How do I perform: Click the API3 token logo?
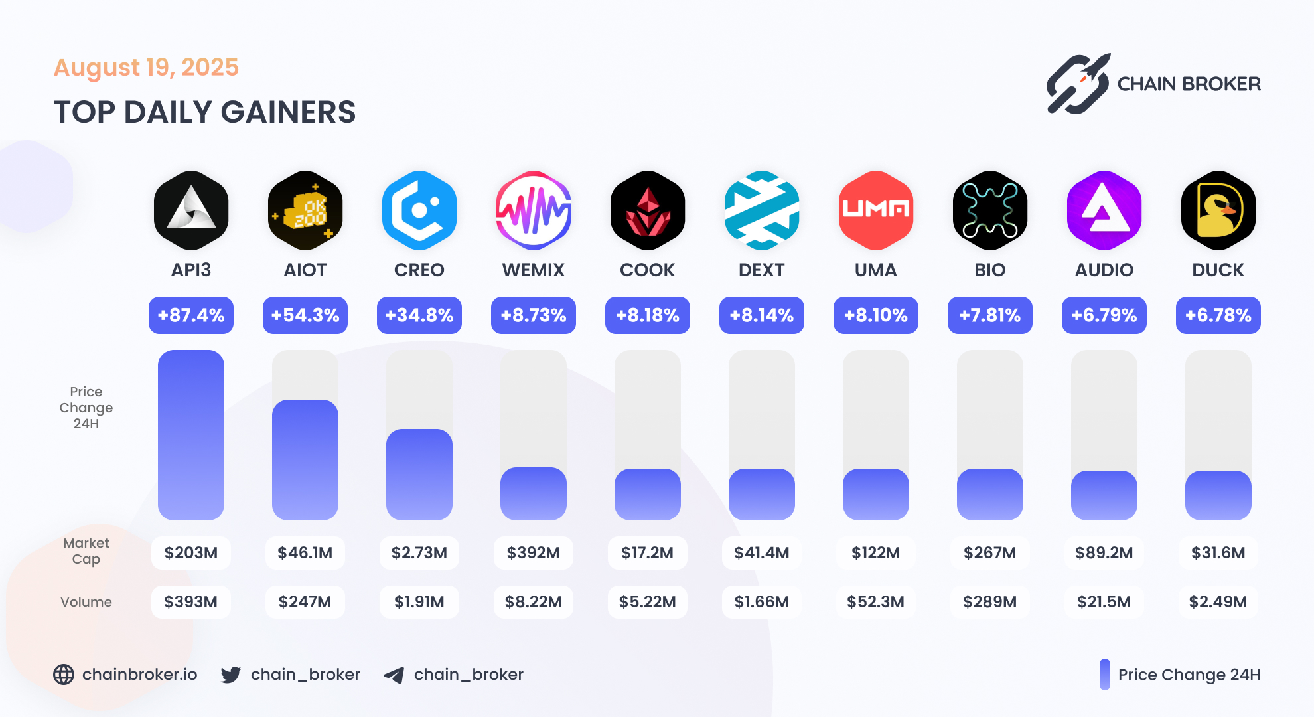pos(191,210)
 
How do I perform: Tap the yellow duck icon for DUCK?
pos(1218,211)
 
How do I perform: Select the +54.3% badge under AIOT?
pos(305,315)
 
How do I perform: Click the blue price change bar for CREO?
pos(419,474)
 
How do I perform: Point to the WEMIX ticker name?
pos(534,270)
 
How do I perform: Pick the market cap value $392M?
pos(534,553)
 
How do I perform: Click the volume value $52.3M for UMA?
pos(876,602)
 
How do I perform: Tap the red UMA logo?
pos(876,210)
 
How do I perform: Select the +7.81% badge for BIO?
pos(990,315)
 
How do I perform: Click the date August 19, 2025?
pos(146,68)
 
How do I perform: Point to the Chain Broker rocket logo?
pos(1078,84)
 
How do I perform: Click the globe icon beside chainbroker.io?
pos(64,675)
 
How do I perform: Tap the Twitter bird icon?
pos(231,675)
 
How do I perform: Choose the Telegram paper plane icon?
pos(394,675)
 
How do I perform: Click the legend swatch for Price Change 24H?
pos(1104,675)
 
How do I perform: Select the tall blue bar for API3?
pos(191,435)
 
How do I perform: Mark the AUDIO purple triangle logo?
pos(1104,210)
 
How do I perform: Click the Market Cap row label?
pos(86,551)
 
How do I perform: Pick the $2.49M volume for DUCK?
pos(1218,602)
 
